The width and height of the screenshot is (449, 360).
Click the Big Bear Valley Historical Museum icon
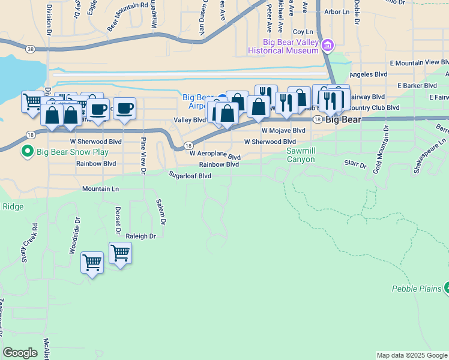[x=327, y=45]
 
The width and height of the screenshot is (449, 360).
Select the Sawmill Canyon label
[x=300, y=155]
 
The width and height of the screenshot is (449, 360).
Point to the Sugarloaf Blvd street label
[x=190, y=176]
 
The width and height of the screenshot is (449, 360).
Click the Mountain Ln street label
[x=101, y=189]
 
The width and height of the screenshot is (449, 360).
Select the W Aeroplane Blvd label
[x=215, y=154]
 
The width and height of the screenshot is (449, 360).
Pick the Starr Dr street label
[x=355, y=163]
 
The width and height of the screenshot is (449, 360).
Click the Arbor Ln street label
[x=336, y=11]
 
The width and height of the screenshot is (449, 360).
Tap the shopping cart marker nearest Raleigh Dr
[x=120, y=253]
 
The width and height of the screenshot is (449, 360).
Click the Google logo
[x=20, y=353]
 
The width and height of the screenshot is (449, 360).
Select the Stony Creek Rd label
[x=30, y=244]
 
